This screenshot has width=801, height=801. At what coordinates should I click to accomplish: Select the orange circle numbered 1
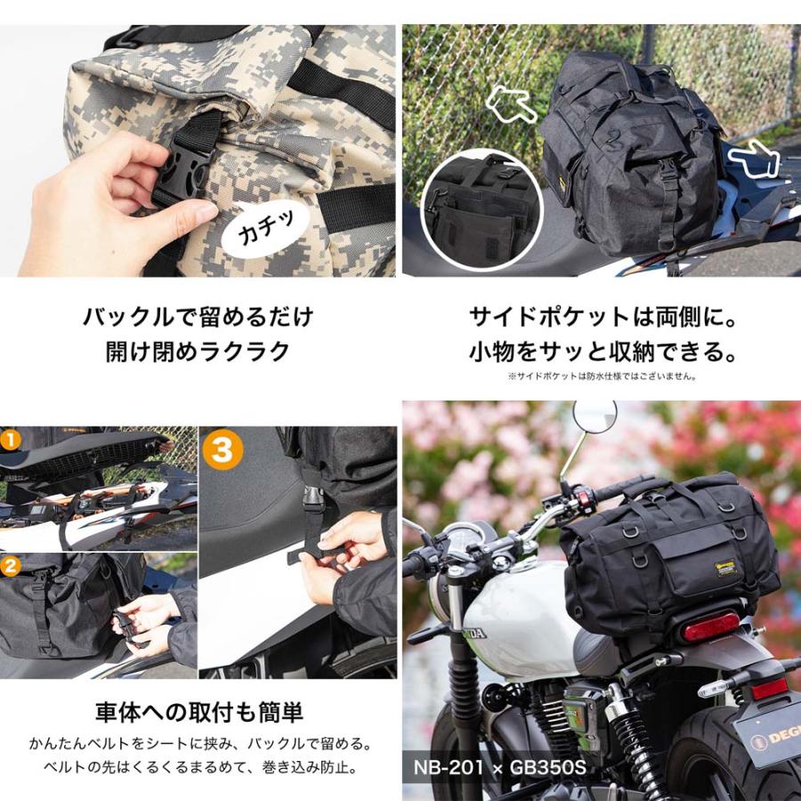point(10,440)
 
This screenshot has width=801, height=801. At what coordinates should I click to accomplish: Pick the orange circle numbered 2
point(10,564)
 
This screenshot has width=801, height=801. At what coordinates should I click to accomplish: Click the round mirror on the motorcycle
point(594,416)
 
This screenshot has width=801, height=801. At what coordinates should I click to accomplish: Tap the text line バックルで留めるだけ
point(198,317)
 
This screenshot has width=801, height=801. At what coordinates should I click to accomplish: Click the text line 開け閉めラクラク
point(198,351)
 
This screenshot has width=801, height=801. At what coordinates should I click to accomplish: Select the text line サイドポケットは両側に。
point(603,317)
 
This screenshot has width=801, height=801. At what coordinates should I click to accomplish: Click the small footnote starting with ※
point(603,376)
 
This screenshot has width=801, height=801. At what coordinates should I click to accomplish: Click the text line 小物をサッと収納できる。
point(603,352)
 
